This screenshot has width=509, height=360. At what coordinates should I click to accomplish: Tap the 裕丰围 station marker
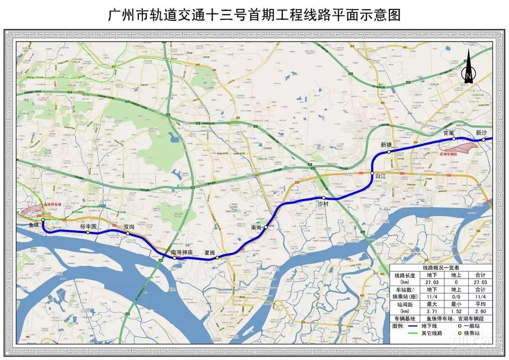click(x=88, y=232)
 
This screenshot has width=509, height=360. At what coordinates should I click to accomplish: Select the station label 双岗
click(x=129, y=227)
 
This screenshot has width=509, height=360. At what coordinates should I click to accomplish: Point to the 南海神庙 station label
click(x=182, y=252)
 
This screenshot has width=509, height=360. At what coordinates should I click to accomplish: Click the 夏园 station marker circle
click(x=217, y=258)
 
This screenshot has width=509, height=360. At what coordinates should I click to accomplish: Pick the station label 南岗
click(x=256, y=228)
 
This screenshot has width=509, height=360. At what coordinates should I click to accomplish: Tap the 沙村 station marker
click(x=324, y=198)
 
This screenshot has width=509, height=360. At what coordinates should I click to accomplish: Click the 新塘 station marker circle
click(x=389, y=152)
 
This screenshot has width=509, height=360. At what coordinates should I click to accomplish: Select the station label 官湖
click(x=449, y=133)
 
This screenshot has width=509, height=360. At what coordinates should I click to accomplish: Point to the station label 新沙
click(x=482, y=133)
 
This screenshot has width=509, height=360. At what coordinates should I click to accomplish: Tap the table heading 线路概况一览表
click(x=441, y=269)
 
